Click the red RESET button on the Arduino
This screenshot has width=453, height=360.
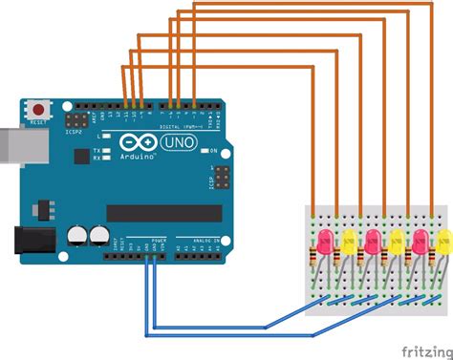point(39,108)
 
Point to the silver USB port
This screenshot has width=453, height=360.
point(11,139)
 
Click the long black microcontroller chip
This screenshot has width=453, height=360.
point(158,211)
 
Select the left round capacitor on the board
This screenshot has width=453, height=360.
point(78,234)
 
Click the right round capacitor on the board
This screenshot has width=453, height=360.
point(97,234)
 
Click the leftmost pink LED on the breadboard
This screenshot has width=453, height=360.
point(324,240)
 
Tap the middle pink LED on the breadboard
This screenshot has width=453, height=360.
point(372,240)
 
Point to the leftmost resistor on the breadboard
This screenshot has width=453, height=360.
point(314,256)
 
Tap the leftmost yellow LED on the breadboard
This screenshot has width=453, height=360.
point(348,240)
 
